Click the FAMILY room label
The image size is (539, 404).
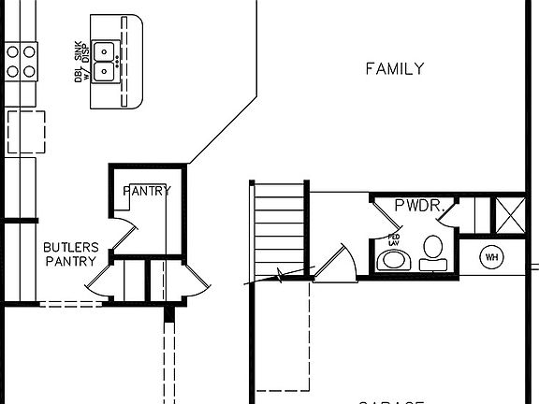coord(394,68)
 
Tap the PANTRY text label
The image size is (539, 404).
coord(147,192)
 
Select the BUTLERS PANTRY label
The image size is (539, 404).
coord(69,253)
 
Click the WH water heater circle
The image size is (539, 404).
coord(491,257)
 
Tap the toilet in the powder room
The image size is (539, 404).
coord(432,251)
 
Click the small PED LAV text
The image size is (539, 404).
coord(394,239)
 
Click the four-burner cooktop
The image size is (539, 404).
coord(22,60)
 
